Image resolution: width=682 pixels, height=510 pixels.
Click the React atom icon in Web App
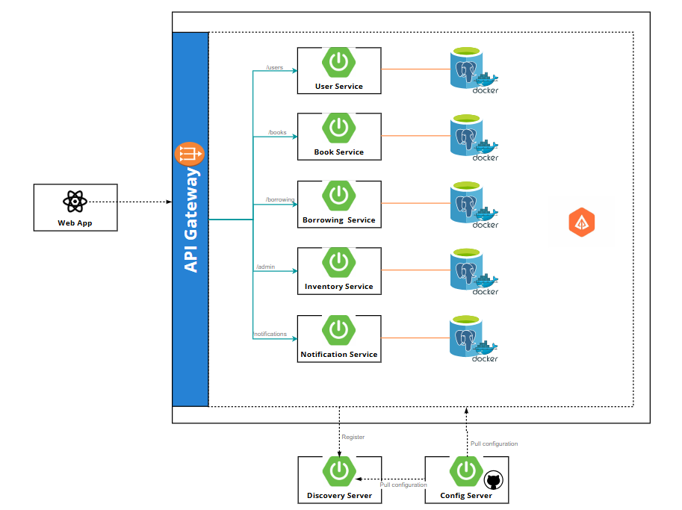tap(75, 202)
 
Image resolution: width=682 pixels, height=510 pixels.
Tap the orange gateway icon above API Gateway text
tap(189, 154)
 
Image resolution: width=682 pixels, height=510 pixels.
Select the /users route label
tap(274, 67)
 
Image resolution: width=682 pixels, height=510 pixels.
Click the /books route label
tap(277, 132)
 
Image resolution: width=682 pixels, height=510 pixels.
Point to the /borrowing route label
tap(280, 199)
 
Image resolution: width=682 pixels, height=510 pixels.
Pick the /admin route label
tap(265, 267)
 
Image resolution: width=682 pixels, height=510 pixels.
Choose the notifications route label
tap(270, 334)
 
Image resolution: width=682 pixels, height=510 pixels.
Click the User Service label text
tap(339, 87)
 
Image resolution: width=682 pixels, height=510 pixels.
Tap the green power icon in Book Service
tap(339, 128)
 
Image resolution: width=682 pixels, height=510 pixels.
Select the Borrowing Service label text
tap(339, 220)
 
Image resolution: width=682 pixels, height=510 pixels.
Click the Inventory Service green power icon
tap(339, 262)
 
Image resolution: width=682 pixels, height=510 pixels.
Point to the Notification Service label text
tap(339, 354)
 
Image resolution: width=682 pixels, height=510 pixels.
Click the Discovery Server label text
tap(339, 496)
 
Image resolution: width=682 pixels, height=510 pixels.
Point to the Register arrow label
tap(353, 437)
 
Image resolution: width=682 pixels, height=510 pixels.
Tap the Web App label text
tap(75, 223)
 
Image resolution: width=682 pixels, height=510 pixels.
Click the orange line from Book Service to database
tap(415, 135)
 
